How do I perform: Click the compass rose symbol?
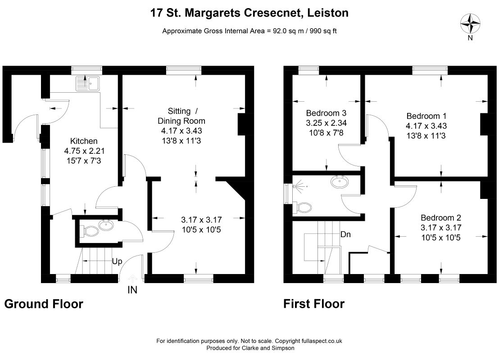(x=471, y=23)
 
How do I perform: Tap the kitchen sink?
(x=88, y=83)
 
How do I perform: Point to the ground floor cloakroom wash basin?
(x=106, y=225)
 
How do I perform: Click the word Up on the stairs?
(x=117, y=261)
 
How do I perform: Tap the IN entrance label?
(x=132, y=290)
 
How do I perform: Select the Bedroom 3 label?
(x=326, y=113)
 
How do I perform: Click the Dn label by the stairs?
(x=345, y=234)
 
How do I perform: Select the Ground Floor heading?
(x=44, y=304)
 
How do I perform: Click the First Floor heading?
(x=314, y=304)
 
